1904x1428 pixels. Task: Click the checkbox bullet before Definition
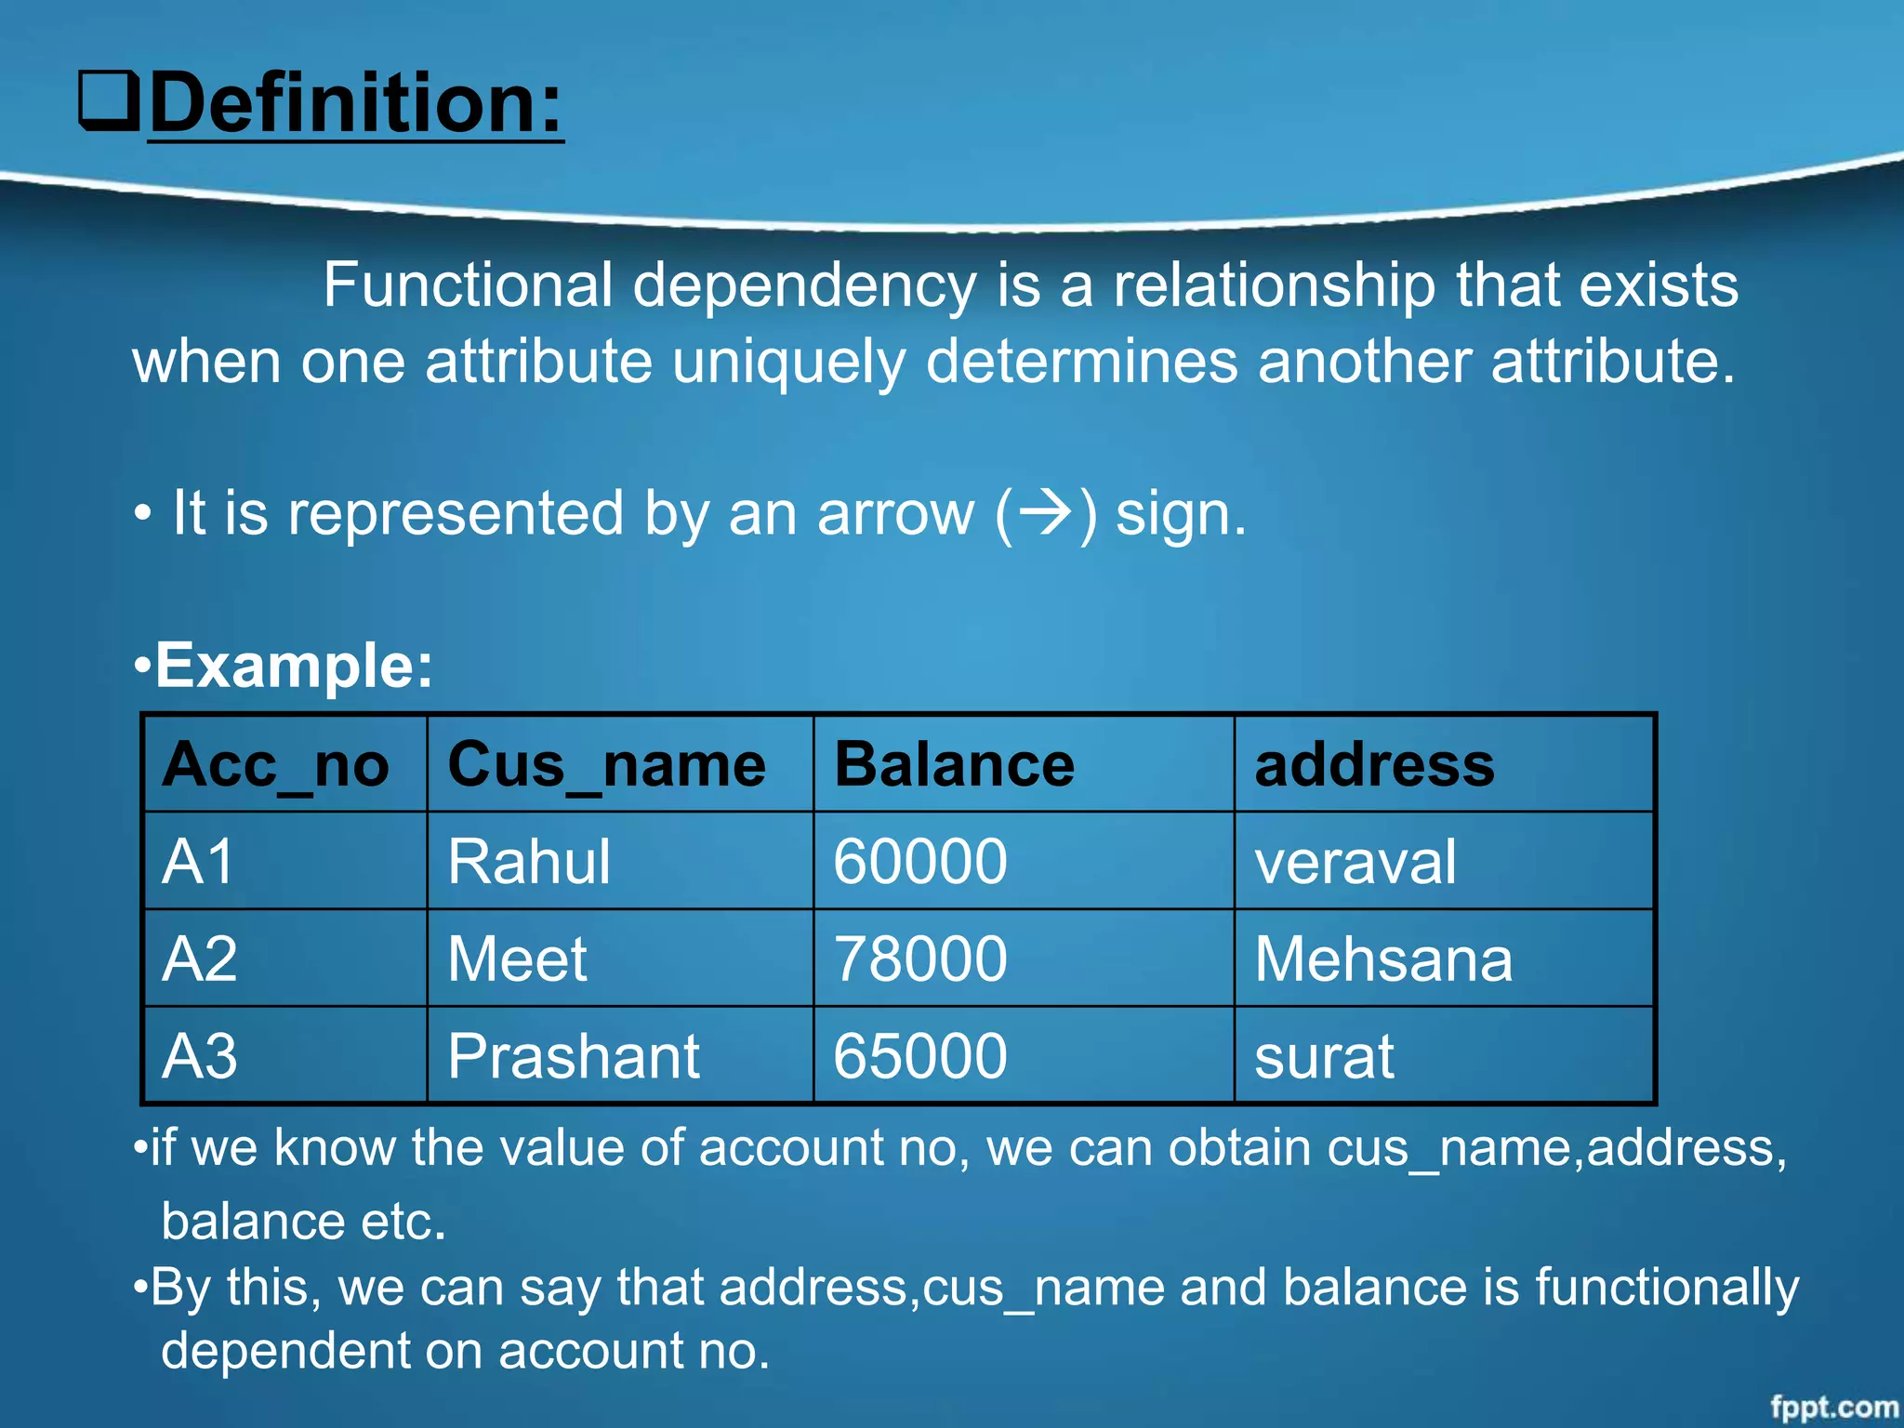109,101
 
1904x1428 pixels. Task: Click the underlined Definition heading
356,103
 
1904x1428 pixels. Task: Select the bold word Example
294,666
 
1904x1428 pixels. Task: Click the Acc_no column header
276,765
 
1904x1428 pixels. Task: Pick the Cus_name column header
607,765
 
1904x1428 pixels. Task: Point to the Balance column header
955,765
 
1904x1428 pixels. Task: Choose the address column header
1375,765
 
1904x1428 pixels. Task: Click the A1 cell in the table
198,862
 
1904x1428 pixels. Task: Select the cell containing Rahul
529,862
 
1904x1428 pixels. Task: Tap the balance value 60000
920,862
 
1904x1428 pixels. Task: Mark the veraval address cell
1355,862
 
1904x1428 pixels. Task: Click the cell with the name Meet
517,959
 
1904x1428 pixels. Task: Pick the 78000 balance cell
920,959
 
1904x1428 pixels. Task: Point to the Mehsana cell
1383,959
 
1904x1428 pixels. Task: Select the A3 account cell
200,1057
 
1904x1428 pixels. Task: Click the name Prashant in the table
574,1057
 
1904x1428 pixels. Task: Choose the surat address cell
1324,1057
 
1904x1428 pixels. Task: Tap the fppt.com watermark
1833,1408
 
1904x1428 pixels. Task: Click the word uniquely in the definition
788,362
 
